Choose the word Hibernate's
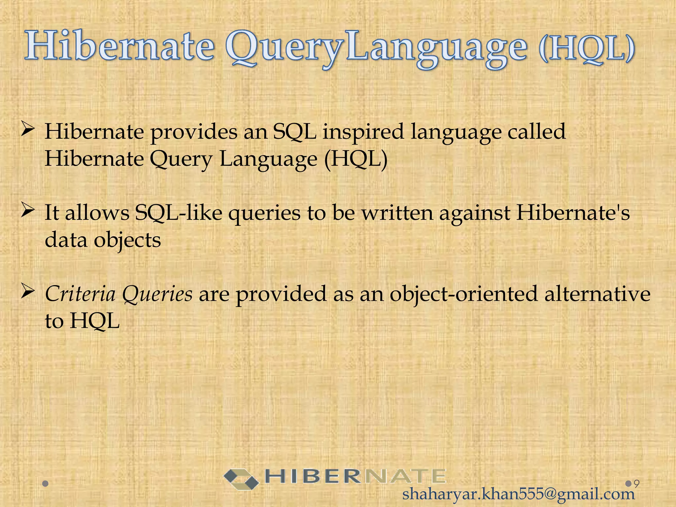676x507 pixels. pos(573,213)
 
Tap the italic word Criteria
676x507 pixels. pos(80,294)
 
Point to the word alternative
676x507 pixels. pos(597,294)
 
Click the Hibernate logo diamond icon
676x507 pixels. pos(241,479)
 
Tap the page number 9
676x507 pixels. pos(637,484)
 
